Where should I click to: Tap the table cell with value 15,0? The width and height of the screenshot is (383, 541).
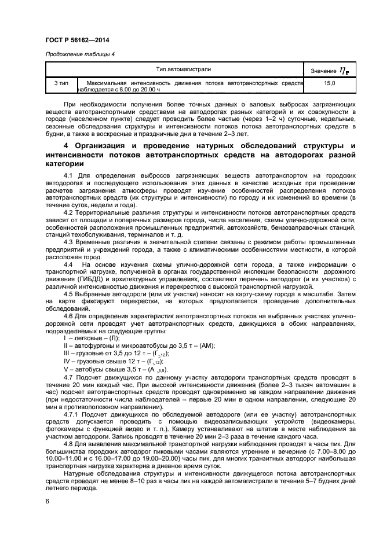click(x=329, y=84)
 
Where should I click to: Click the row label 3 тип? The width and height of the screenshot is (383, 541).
click(x=61, y=84)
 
